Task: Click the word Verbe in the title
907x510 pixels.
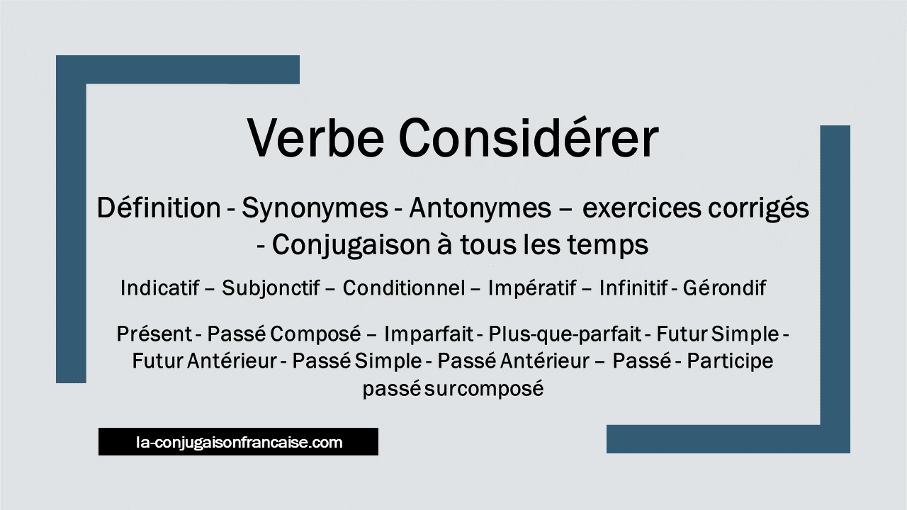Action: [x=315, y=137]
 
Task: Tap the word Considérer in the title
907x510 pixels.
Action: [x=529, y=137]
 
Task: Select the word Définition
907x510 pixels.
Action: [x=159, y=208]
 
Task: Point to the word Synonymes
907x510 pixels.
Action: [x=315, y=209]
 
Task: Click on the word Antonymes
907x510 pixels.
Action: [x=480, y=209]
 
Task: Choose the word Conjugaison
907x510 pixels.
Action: [x=351, y=245]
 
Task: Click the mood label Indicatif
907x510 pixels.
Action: [x=160, y=288]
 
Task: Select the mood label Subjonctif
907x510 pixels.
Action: [x=271, y=288]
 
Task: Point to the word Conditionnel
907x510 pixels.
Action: [x=404, y=288]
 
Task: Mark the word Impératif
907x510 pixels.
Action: [x=532, y=288]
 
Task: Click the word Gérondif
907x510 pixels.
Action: [x=724, y=288]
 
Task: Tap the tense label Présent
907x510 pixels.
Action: [x=154, y=334]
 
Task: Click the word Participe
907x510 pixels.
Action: [x=730, y=361]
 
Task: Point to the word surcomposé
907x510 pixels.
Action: [x=484, y=389]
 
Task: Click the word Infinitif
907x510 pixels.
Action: [x=633, y=288]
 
